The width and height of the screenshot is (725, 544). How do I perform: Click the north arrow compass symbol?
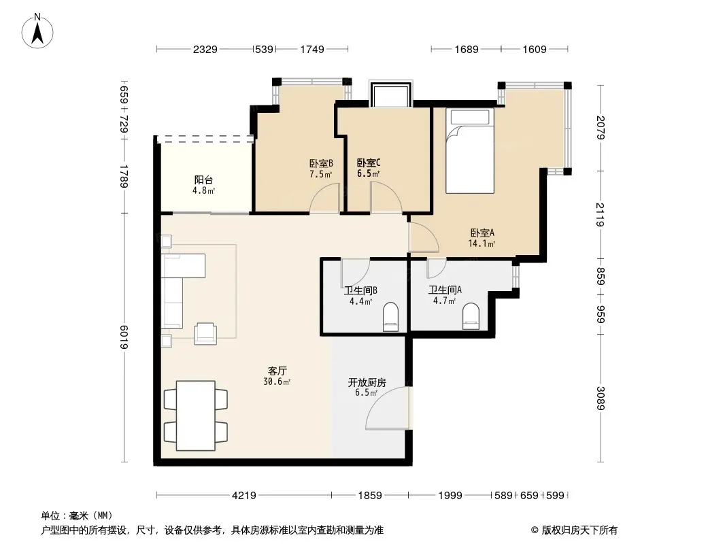pyautogui.click(x=37, y=31)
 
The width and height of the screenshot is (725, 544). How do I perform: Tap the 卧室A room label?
pyautogui.click(x=482, y=233)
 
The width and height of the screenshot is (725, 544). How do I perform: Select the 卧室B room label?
pyautogui.click(x=321, y=164)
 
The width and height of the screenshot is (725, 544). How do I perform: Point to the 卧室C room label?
pyautogui.click(x=369, y=163)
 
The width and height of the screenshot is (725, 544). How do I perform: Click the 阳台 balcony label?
pyautogui.click(x=203, y=180)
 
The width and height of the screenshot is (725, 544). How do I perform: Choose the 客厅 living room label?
pyautogui.click(x=277, y=371)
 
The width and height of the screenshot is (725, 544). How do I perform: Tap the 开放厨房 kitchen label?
pyautogui.click(x=367, y=383)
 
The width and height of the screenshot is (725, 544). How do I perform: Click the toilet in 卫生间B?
pyautogui.click(x=390, y=317)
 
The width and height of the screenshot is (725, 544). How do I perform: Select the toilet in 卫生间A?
pyautogui.click(x=471, y=317)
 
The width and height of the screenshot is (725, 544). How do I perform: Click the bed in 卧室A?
pyautogui.click(x=470, y=151)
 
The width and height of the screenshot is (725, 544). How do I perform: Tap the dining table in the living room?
pyautogui.click(x=196, y=415)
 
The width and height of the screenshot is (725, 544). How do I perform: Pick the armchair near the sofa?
pyautogui.click(x=205, y=333)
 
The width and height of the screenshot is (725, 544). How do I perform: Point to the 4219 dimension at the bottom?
pyautogui.click(x=243, y=496)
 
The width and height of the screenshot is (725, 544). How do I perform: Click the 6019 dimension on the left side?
pyautogui.click(x=124, y=337)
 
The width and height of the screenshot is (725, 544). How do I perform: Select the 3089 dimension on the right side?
pyautogui.click(x=600, y=398)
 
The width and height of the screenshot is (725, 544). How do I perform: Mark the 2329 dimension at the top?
pyautogui.click(x=205, y=50)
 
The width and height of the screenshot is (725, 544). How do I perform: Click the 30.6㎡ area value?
pyautogui.click(x=277, y=381)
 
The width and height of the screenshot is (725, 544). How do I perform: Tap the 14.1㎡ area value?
pyautogui.click(x=482, y=243)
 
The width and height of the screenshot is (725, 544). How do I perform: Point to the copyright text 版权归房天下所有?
pyautogui.click(x=579, y=530)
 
